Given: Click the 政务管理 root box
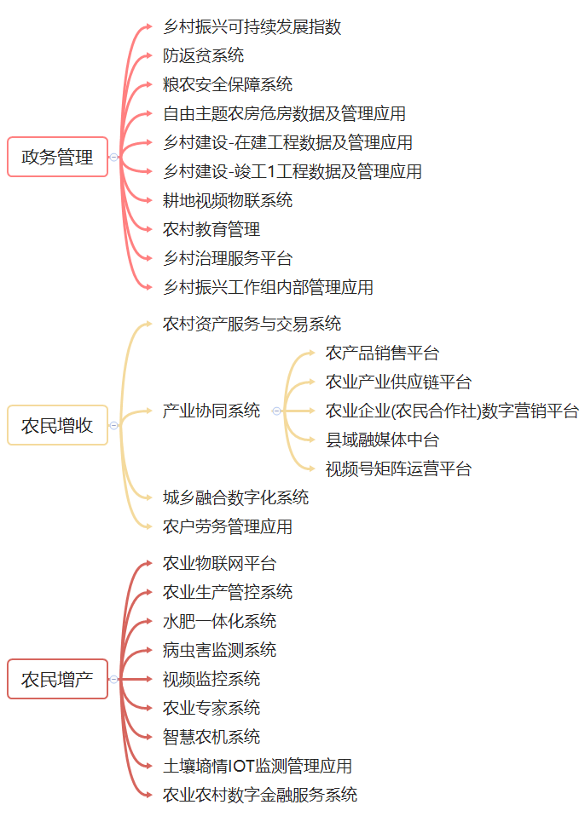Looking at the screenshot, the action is [57, 157].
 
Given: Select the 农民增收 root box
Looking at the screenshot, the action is [57, 425].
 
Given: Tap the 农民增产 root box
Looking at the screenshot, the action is [57, 679].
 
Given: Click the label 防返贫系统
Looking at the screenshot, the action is [203, 55].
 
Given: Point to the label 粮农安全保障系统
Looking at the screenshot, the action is [228, 84].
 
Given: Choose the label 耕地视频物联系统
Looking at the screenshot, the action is [228, 200].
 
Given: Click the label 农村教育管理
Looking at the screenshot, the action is [211, 229].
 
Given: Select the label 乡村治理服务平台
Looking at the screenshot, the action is [228, 258].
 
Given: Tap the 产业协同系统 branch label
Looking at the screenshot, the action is [211, 411].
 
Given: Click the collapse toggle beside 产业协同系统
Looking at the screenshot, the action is [276, 411].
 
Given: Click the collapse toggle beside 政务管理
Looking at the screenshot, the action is [114, 157].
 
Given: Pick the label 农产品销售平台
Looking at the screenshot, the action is [382, 353].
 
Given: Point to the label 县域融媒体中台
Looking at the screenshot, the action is [382, 440].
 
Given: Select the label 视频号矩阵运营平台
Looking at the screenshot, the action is [398, 468].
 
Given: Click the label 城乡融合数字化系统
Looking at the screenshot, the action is [235, 497].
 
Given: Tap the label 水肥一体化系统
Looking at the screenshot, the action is [219, 621].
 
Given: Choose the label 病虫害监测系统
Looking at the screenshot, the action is [219, 650].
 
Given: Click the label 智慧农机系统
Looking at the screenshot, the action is [211, 737].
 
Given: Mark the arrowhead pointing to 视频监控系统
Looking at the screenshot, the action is [148, 679].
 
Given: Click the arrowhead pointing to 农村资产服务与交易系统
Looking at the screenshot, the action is [148, 324].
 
